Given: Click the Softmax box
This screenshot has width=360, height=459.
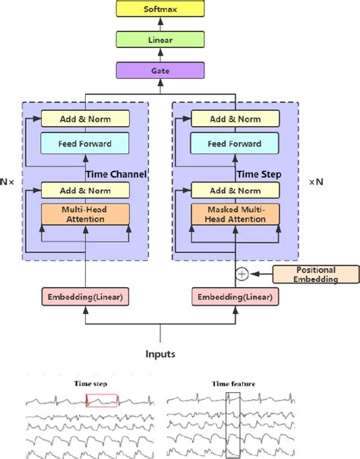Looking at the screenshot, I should coord(160,10).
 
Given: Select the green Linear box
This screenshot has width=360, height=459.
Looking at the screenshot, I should coord(160,40).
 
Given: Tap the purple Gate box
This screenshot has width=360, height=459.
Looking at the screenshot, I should coord(160,70).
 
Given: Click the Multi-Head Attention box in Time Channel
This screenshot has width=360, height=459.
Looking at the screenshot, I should coord(86,214).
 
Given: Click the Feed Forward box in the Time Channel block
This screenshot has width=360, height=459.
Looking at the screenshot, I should coord(86,144).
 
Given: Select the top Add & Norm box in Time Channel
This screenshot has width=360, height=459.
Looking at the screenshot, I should coord(86,119).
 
